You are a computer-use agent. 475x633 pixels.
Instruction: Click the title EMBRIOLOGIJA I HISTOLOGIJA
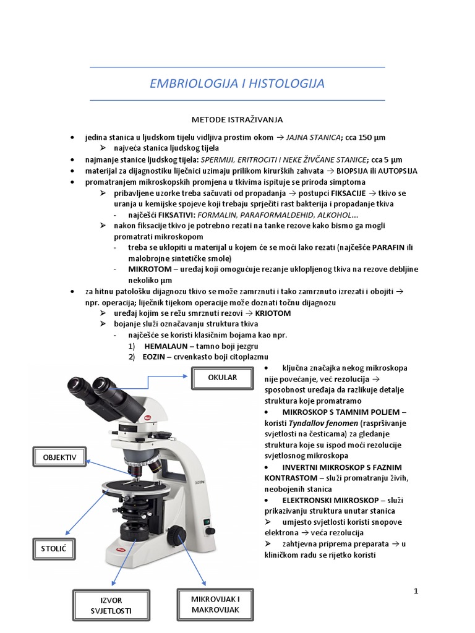(x=237, y=83)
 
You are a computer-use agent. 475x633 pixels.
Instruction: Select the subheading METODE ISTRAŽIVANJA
(x=237, y=119)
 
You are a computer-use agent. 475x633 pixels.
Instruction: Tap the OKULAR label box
(x=223, y=378)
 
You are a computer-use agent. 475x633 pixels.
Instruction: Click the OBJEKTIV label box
(x=59, y=457)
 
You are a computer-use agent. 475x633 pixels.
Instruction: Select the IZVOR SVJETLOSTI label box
(x=111, y=605)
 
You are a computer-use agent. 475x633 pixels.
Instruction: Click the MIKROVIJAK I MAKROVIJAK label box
(x=216, y=605)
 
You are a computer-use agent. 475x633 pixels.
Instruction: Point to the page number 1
(x=416, y=592)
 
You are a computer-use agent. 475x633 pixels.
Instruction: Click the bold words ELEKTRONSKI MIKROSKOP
(x=326, y=500)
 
